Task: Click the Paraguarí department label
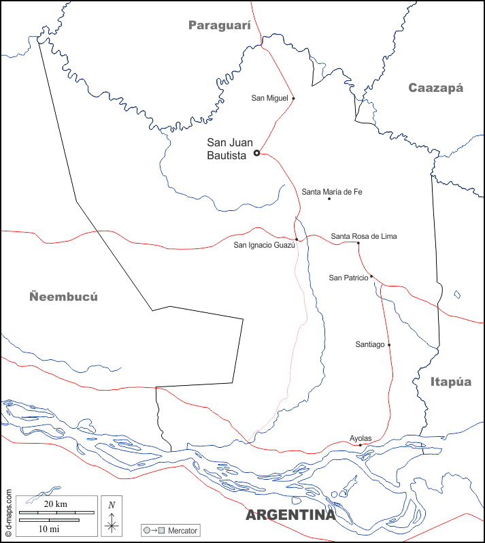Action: point(220,26)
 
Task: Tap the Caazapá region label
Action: point(435,88)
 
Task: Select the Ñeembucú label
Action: point(64,297)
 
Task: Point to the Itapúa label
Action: point(451,382)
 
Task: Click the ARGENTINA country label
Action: point(290,515)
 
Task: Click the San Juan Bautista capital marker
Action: point(256,153)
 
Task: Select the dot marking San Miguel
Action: point(293,98)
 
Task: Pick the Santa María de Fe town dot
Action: point(329,199)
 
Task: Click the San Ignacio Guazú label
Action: point(265,245)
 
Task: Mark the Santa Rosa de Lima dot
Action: point(358,243)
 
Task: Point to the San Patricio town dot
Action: point(371,276)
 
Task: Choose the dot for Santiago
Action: point(389,344)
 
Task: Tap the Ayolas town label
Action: point(361,438)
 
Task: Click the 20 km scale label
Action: point(56,504)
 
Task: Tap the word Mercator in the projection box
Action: point(182,529)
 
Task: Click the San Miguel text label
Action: point(270,98)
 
